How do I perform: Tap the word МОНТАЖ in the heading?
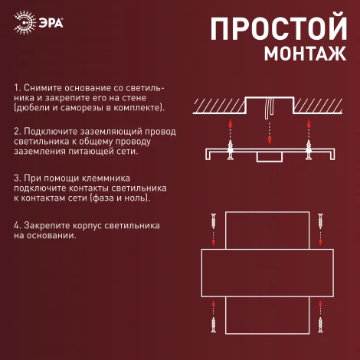point(305,54)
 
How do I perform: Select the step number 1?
point(16,90)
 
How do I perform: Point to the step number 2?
point(16,132)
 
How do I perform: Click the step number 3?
point(16,178)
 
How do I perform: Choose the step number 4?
point(16,226)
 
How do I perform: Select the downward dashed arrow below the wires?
point(269,134)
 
